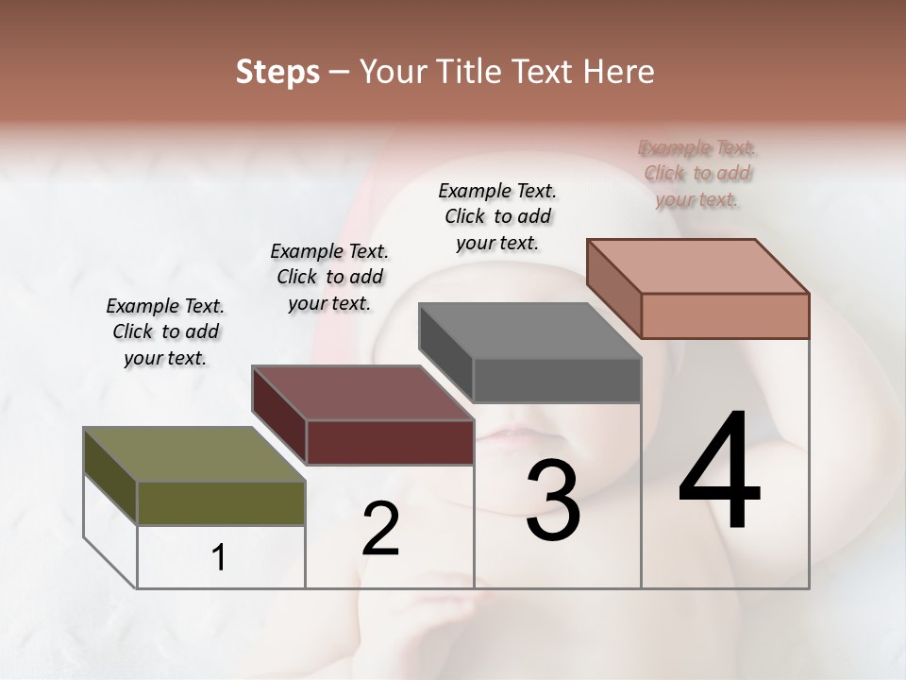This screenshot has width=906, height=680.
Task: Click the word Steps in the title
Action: (277, 72)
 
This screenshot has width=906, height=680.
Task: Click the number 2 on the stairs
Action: (380, 529)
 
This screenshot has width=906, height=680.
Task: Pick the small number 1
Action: (219, 558)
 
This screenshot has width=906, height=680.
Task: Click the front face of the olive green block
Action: (221, 503)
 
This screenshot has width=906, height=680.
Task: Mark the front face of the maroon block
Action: (390, 442)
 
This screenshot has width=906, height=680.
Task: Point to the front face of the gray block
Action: (557, 381)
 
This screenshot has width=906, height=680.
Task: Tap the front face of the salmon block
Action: (725, 315)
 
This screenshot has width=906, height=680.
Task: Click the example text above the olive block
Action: (165, 331)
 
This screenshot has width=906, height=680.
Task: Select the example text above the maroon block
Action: (329, 277)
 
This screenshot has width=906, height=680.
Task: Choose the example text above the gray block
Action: (497, 216)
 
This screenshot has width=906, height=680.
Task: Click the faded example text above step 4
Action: (697, 173)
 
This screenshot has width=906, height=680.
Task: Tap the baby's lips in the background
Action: (512, 436)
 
